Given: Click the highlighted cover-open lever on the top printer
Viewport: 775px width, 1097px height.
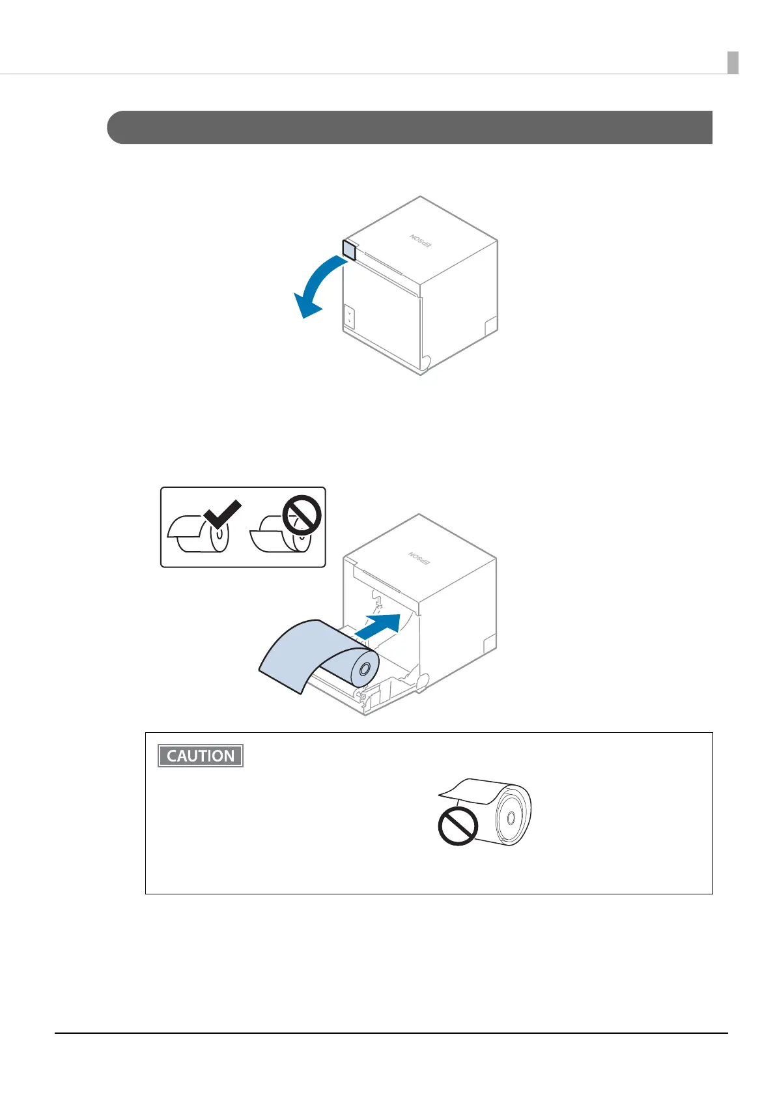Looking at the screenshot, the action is click(349, 250).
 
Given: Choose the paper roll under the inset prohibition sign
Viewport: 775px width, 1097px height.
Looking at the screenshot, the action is click(280, 536).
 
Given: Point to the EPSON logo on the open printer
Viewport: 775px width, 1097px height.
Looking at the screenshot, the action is click(419, 558).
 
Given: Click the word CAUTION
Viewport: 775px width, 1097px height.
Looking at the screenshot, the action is click(201, 756).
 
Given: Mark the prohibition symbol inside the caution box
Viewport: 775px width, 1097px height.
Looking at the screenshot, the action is click(458, 826).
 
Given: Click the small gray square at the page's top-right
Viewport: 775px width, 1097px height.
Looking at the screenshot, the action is click(733, 63).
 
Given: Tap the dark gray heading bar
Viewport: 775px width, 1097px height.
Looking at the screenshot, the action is click(410, 127).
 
